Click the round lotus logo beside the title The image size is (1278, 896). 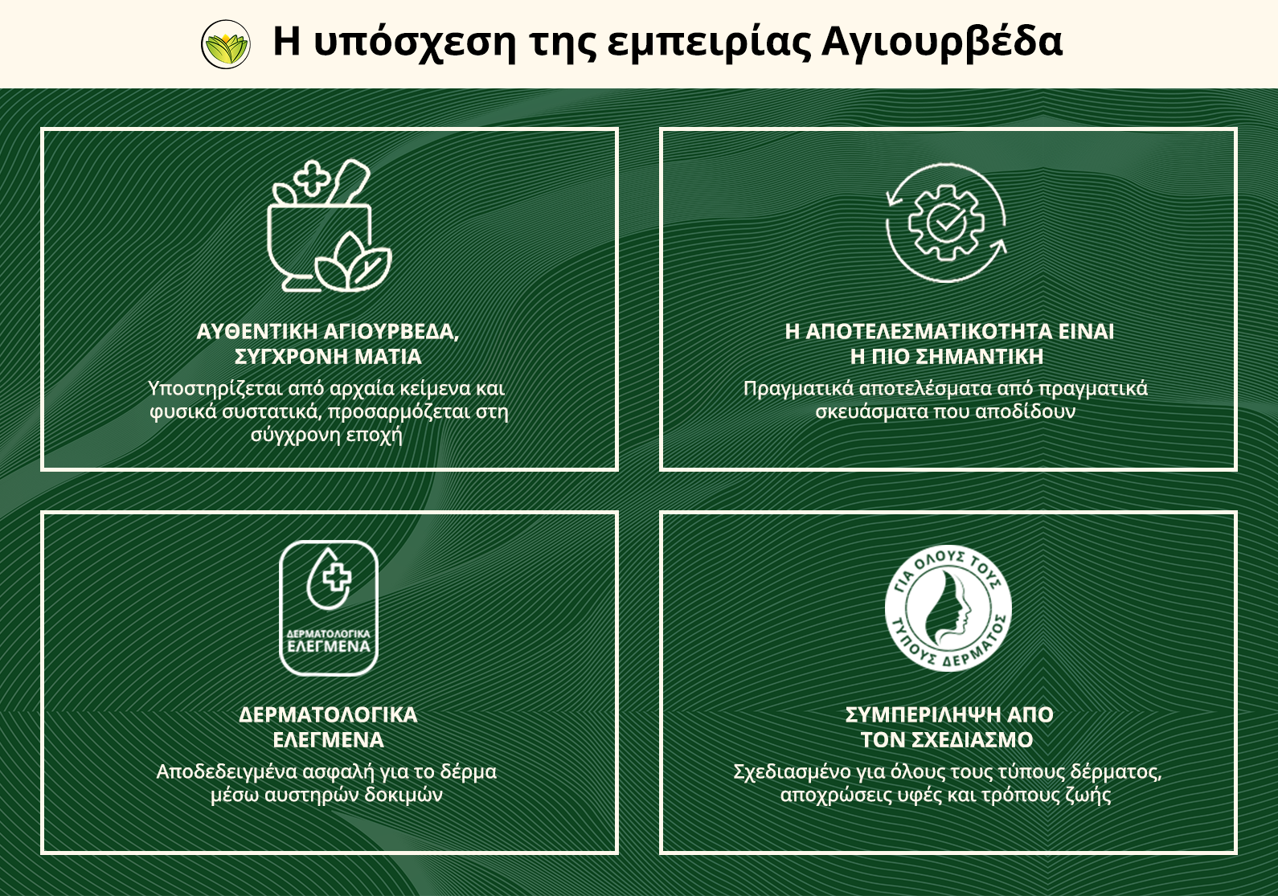coord(226,44)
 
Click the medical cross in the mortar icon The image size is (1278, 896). coord(312,179)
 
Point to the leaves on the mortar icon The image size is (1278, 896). coord(354,262)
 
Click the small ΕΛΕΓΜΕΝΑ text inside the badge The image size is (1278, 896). coord(329,646)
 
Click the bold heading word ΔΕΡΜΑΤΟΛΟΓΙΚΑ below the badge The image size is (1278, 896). coord(328,715)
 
